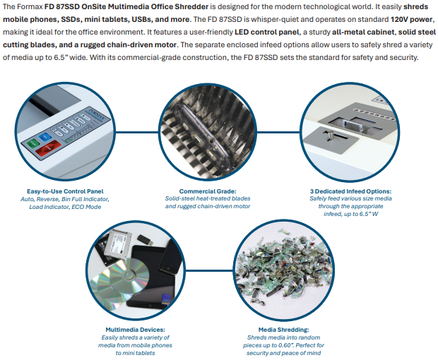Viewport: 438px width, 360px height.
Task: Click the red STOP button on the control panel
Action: click(x=47, y=148)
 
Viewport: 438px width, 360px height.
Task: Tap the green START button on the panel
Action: click(x=32, y=143)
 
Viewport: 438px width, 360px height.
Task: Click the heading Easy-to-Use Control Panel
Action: click(x=65, y=191)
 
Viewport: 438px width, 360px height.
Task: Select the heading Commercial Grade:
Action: click(x=208, y=191)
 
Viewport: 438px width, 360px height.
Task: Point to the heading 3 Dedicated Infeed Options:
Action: click(x=350, y=191)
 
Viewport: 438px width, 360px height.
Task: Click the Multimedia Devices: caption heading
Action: click(x=135, y=330)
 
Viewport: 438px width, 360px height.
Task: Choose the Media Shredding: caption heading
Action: click(x=283, y=330)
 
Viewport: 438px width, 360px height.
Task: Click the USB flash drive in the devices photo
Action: click(x=146, y=240)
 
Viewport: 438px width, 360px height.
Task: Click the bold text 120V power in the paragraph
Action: click(x=411, y=19)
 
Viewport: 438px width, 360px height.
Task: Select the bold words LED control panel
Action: click(x=267, y=32)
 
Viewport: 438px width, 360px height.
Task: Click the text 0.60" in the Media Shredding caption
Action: click(x=284, y=345)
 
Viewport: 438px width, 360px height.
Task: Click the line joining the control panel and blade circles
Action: click(x=136, y=132)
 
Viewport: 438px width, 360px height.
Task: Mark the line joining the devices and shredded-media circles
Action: click(x=209, y=270)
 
